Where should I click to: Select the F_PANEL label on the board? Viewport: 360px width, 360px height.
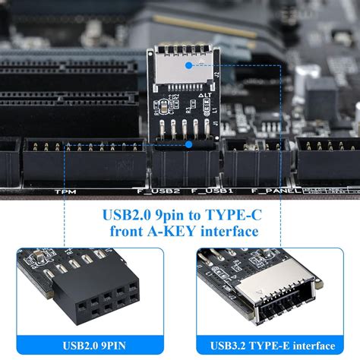(273, 191)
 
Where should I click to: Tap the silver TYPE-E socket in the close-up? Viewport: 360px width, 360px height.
(281, 292)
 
